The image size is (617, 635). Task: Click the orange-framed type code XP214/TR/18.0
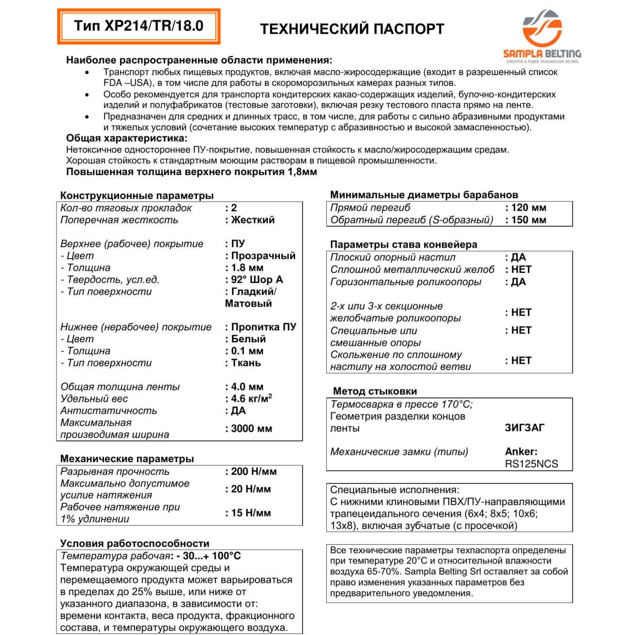[x=138, y=26]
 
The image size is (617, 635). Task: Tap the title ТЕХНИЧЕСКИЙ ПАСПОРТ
[x=352, y=29]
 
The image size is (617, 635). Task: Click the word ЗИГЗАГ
[x=524, y=428]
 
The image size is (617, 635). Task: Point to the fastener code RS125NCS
[x=531, y=464]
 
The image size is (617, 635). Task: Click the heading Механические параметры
[x=127, y=458]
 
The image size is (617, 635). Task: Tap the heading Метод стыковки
[x=374, y=391]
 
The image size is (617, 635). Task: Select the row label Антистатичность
[x=109, y=411]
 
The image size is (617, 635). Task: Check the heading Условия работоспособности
[x=134, y=543]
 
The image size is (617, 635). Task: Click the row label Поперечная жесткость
[x=119, y=220]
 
